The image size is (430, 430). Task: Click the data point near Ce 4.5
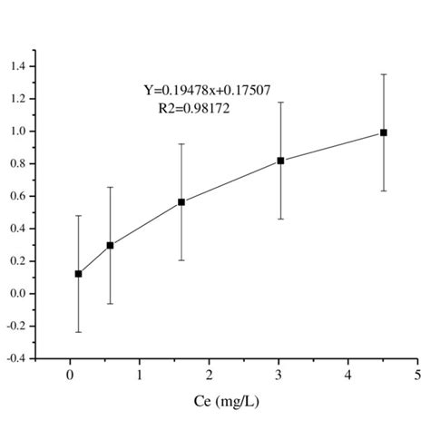[384, 132]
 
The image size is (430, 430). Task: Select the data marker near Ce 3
[280, 161]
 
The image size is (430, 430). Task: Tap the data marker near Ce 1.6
[181, 202]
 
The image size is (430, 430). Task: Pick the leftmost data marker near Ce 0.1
[78, 273]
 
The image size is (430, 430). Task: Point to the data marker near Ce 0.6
[111, 245]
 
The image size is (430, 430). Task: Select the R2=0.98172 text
[195, 107]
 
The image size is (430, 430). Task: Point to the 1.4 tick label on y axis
[18, 66]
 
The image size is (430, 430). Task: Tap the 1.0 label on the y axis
[18, 132]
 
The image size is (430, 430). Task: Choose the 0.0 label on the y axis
[18, 294]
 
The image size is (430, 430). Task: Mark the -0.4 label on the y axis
[16, 359]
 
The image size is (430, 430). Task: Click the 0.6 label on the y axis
[18, 196]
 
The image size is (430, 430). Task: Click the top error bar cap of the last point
[384, 74]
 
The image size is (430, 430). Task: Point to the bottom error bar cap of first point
[78, 332]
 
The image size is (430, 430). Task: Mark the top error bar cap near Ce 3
[280, 103]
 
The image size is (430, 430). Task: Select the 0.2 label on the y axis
[18, 261]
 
